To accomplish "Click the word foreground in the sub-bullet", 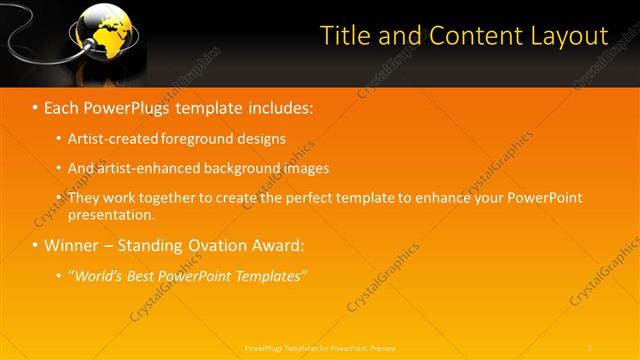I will coord(191,138).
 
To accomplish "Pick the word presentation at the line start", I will coord(111,214).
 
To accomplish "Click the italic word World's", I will coord(97,276).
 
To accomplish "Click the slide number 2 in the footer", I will coord(590,347).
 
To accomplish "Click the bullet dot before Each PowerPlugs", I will coord(35,107).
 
